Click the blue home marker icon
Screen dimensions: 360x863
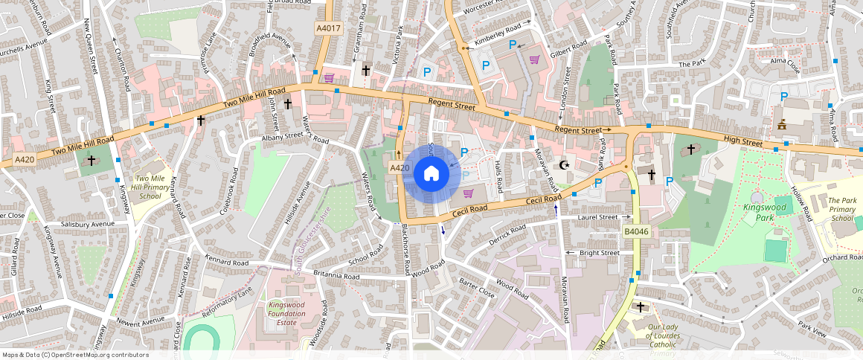tap(431, 174)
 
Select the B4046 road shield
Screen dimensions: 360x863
tap(636, 232)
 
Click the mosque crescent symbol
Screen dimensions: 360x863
tap(564, 165)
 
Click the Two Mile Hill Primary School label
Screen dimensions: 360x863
tap(149, 187)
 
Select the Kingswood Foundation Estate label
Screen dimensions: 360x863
tap(287, 313)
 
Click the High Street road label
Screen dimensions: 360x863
tap(742, 142)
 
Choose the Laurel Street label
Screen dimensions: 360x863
tap(598, 217)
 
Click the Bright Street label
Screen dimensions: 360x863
tap(599, 253)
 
